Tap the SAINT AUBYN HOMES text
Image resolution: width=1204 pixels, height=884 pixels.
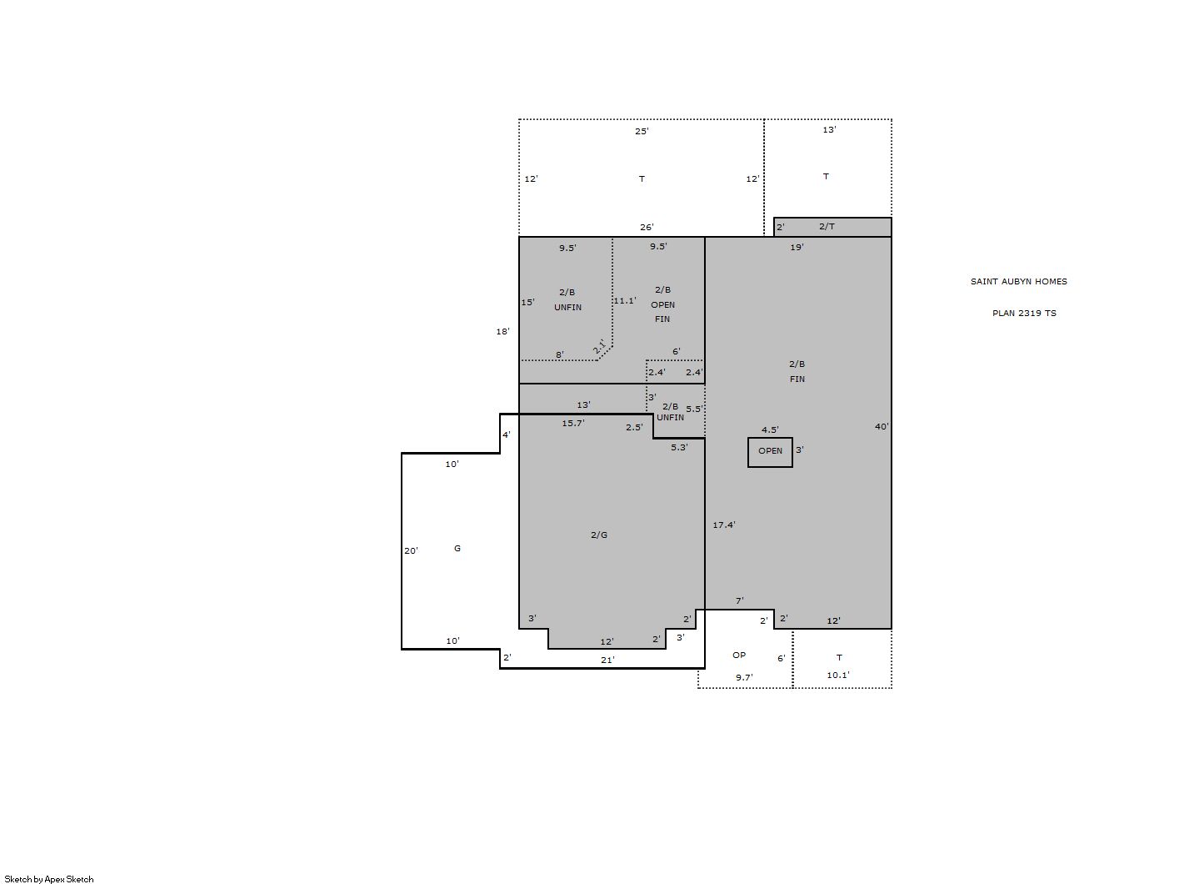pos(1018,281)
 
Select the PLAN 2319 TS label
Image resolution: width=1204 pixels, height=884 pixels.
pos(1024,313)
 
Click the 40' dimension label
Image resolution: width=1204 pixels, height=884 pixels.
pos(882,427)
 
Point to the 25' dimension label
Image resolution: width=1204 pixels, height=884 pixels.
pos(642,131)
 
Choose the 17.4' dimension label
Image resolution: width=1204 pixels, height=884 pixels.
pos(724,525)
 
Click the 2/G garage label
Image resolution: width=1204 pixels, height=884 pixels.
pos(599,535)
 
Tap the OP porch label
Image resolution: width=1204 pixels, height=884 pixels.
pos(739,655)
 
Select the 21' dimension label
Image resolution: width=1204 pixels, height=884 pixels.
pos(607,660)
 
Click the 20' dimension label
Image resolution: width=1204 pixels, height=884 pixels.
pos(411,551)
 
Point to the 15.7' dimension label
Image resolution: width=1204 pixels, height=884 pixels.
pos(573,424)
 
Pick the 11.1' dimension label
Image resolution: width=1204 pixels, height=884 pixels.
pos(625,301)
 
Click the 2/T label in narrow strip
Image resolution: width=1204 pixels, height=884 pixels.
pos(827,227)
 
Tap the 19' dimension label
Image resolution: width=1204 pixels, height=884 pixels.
pos(797,248)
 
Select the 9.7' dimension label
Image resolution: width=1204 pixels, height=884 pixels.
pos(744,677)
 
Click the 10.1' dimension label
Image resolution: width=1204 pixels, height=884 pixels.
pos(838,676)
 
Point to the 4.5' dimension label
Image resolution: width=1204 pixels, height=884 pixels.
pos(770,429)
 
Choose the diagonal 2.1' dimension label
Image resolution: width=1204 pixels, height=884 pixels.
pos(599,346)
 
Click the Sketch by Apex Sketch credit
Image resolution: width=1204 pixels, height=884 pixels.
pos(49,879)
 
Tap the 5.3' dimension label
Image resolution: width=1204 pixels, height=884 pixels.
pos(679,447)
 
